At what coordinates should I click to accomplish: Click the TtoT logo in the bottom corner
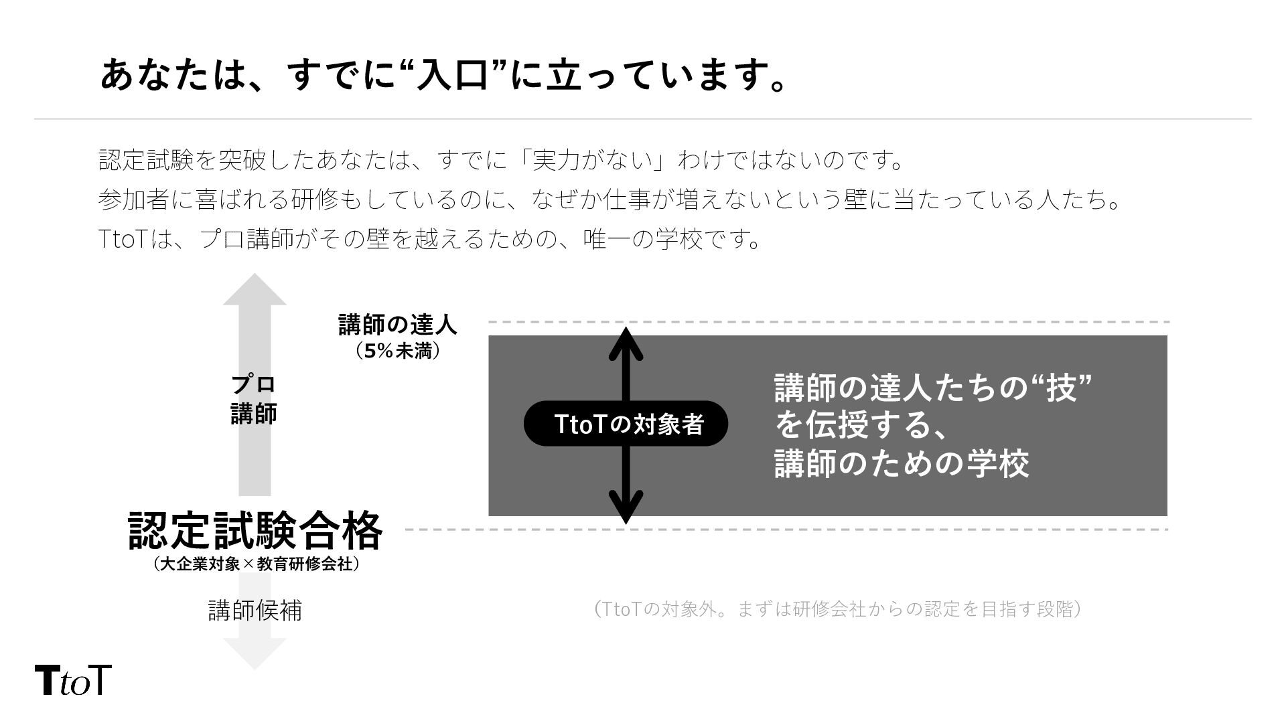72,680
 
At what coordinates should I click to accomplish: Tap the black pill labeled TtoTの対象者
626,424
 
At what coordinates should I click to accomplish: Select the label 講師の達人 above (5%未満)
397,325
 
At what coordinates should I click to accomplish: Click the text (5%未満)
397,351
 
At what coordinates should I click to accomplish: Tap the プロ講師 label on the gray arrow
254,399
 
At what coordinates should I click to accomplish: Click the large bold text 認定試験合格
255,531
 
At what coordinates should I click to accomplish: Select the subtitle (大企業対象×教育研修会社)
255,564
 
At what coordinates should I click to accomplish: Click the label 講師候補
255,610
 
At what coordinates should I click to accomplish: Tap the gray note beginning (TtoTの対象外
837,609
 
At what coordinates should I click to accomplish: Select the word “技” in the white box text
1062,388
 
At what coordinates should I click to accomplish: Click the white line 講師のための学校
902,463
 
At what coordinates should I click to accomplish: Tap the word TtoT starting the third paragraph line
122,239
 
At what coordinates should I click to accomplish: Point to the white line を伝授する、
861,425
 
